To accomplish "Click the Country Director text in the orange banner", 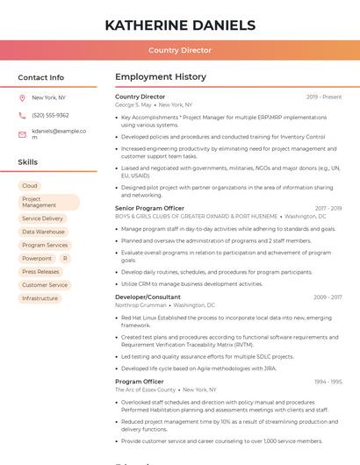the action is tap(180, 51).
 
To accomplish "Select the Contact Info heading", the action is tap(40, 77).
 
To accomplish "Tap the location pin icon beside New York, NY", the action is tap(22, 97).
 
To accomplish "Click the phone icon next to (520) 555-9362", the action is tap(22, 115).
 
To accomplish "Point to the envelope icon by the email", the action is tap(22, 134).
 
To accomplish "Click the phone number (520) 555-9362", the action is tap(50, 115).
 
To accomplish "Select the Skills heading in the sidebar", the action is tap(27, 162).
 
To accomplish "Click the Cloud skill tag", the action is tap(30, 186).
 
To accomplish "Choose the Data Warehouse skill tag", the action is tap(43, 232).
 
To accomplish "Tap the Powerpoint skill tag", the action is tap(37, 258).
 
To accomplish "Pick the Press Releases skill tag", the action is tap(40, 272).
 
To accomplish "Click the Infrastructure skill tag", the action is tap(40, 298).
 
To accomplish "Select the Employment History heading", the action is tap(161, 77).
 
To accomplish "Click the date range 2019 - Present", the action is tap(324, 97).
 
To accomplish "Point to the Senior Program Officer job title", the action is tap(149, 208).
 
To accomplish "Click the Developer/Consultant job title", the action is tap(148, 297).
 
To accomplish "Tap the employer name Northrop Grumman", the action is tap(140, 305).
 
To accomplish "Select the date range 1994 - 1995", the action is tap(328, 382).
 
